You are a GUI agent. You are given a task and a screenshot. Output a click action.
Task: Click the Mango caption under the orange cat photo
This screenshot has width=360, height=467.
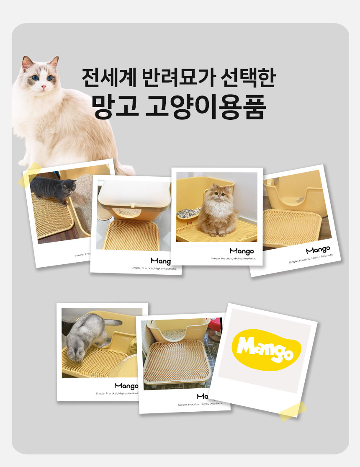pyautogui.click(x=242, y=251)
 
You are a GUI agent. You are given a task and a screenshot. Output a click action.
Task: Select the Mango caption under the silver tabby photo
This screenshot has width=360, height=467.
pyautogui.click(x=126, y=386)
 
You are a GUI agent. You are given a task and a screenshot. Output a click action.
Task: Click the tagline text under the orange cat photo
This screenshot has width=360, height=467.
pyautogui.click(x=232, y=259)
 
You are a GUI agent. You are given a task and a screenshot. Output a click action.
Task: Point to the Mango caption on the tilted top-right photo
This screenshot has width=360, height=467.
pyautogui.click(x=318, y=250)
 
